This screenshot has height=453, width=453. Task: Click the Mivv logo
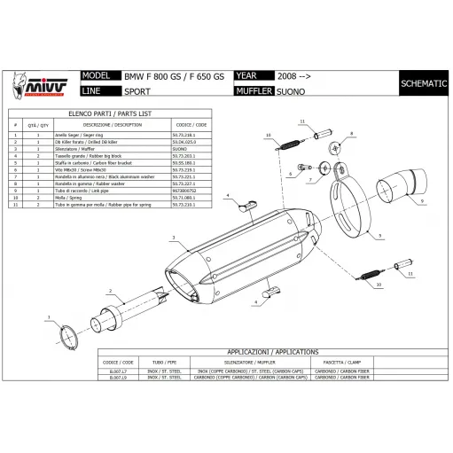pyautogui.click(x=38, y=83)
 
